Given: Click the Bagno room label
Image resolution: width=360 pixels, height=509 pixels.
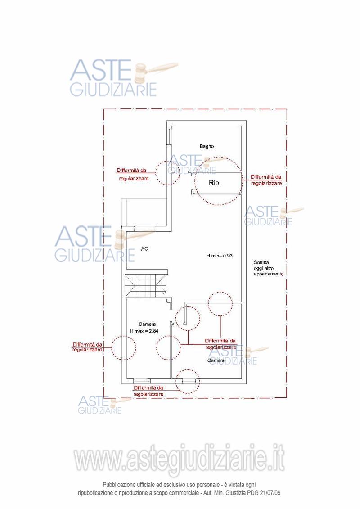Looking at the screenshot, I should coord(207,146).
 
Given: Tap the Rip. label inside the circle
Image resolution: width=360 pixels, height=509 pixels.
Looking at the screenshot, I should coord(215,183).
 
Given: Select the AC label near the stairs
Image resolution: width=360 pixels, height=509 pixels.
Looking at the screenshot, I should coord(145,248).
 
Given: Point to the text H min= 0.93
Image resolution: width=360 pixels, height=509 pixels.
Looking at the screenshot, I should coord(220,256).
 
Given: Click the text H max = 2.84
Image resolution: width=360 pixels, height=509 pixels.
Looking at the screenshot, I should coord(144,331).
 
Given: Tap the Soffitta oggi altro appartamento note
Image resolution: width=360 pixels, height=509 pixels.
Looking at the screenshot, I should coord(268,268).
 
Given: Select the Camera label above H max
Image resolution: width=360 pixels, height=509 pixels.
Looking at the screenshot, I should coord(147,324).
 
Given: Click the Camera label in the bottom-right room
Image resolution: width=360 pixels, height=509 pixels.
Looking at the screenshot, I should coord(216,360).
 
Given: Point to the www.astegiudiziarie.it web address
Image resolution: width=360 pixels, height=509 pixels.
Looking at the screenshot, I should coord(180,460).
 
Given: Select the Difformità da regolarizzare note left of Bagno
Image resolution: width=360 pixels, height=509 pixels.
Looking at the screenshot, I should coord(131,174).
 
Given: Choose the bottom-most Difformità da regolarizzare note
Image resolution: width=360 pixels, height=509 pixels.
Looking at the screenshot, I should coord(148,390).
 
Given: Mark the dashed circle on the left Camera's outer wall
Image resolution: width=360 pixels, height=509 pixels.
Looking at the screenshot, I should coord(124,347).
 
